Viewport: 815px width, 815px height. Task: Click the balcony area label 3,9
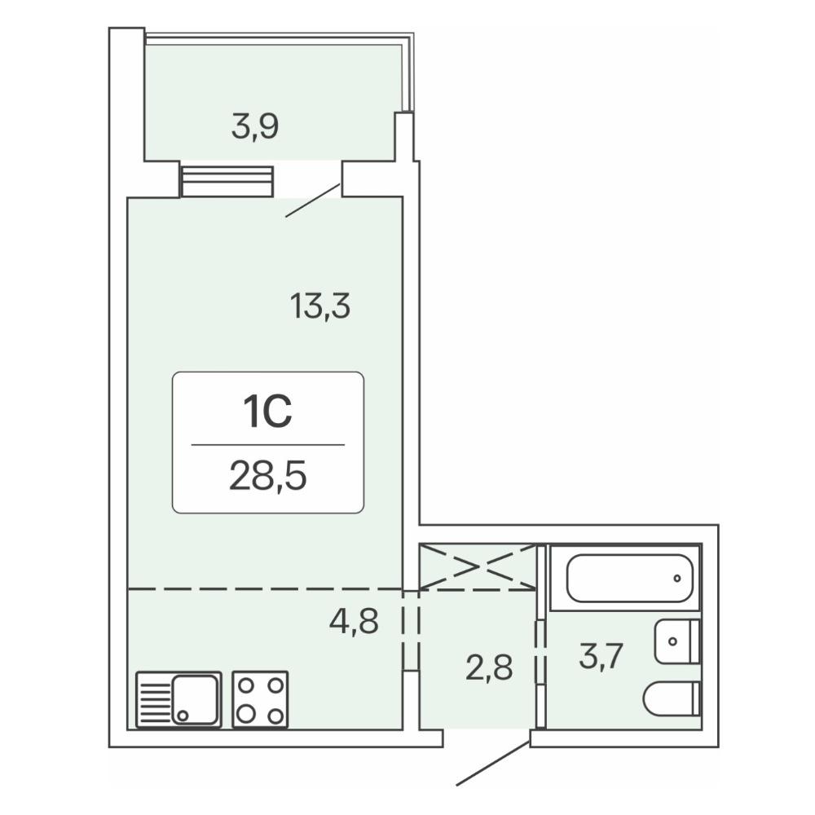(255, 127)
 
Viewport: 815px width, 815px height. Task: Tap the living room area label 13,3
(320, 306)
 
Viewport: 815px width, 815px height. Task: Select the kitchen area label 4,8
(354, 620)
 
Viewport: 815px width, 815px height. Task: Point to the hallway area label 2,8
(489, 667)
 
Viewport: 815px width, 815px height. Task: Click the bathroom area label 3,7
(601, 656)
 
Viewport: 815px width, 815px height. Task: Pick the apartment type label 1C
(267, 411)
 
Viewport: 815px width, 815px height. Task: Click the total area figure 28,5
(267, 477)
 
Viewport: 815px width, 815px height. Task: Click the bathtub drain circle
(676, 578)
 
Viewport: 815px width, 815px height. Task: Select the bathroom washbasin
(677, 641)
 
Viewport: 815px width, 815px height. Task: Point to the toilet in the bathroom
(672, 698)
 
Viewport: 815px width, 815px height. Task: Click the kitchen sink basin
(195, 699)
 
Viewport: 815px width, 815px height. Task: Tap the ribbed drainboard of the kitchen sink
(154, 700)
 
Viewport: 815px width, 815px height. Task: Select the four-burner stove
(261, 699)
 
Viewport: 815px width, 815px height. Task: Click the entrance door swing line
(493, 763)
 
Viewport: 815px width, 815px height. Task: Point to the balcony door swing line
(313, 200)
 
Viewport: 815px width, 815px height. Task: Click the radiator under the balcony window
(227, 181)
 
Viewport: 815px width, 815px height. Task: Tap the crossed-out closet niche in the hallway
(477, 566)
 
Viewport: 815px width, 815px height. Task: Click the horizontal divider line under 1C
(267, 445)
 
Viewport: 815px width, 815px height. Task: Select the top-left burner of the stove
(246, 685)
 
